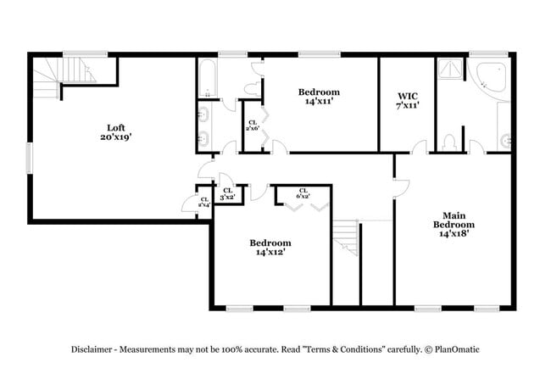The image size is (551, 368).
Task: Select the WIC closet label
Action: point(408,96)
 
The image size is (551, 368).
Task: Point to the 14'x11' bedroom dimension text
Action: point(319,101)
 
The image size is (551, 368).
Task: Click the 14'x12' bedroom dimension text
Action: point(271,252)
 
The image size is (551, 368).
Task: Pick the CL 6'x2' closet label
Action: point(303,192)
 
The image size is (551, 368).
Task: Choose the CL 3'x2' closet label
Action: point(227,193)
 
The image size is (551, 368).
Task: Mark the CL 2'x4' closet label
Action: point(204,203)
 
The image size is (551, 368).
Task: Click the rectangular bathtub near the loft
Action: point(208,80)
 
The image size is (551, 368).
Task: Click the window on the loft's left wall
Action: point(30,157)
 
